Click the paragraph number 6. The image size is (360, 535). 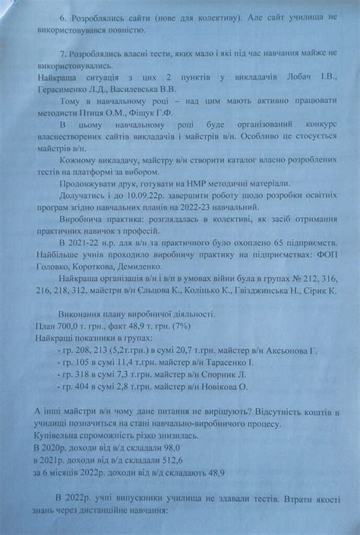pos(60,15)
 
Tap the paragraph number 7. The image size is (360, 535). pos(60,56)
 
